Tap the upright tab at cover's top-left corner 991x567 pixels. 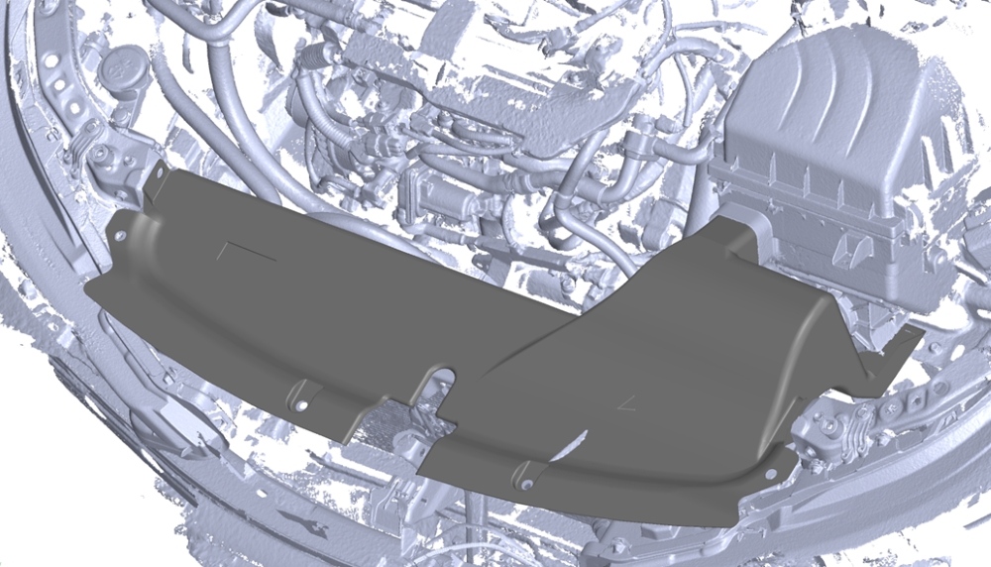pyautogui.click(x=156, y=182)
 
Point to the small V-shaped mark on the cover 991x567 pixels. pyautogui.click(x=625, y=401)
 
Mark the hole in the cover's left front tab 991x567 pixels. pyautogui.click(x=302, y=405)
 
